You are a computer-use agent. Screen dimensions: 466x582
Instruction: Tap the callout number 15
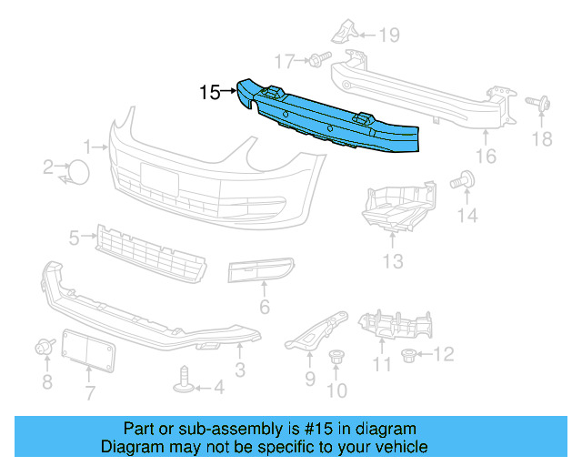(x=210, y=92)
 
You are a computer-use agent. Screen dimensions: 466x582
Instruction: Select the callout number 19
(x=389, y=35)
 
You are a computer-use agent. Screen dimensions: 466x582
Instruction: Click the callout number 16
(x=486, y=156)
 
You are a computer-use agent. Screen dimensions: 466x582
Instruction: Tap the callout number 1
(x=89, y=146)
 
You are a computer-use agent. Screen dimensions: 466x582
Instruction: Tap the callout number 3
(x=239, y=370)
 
